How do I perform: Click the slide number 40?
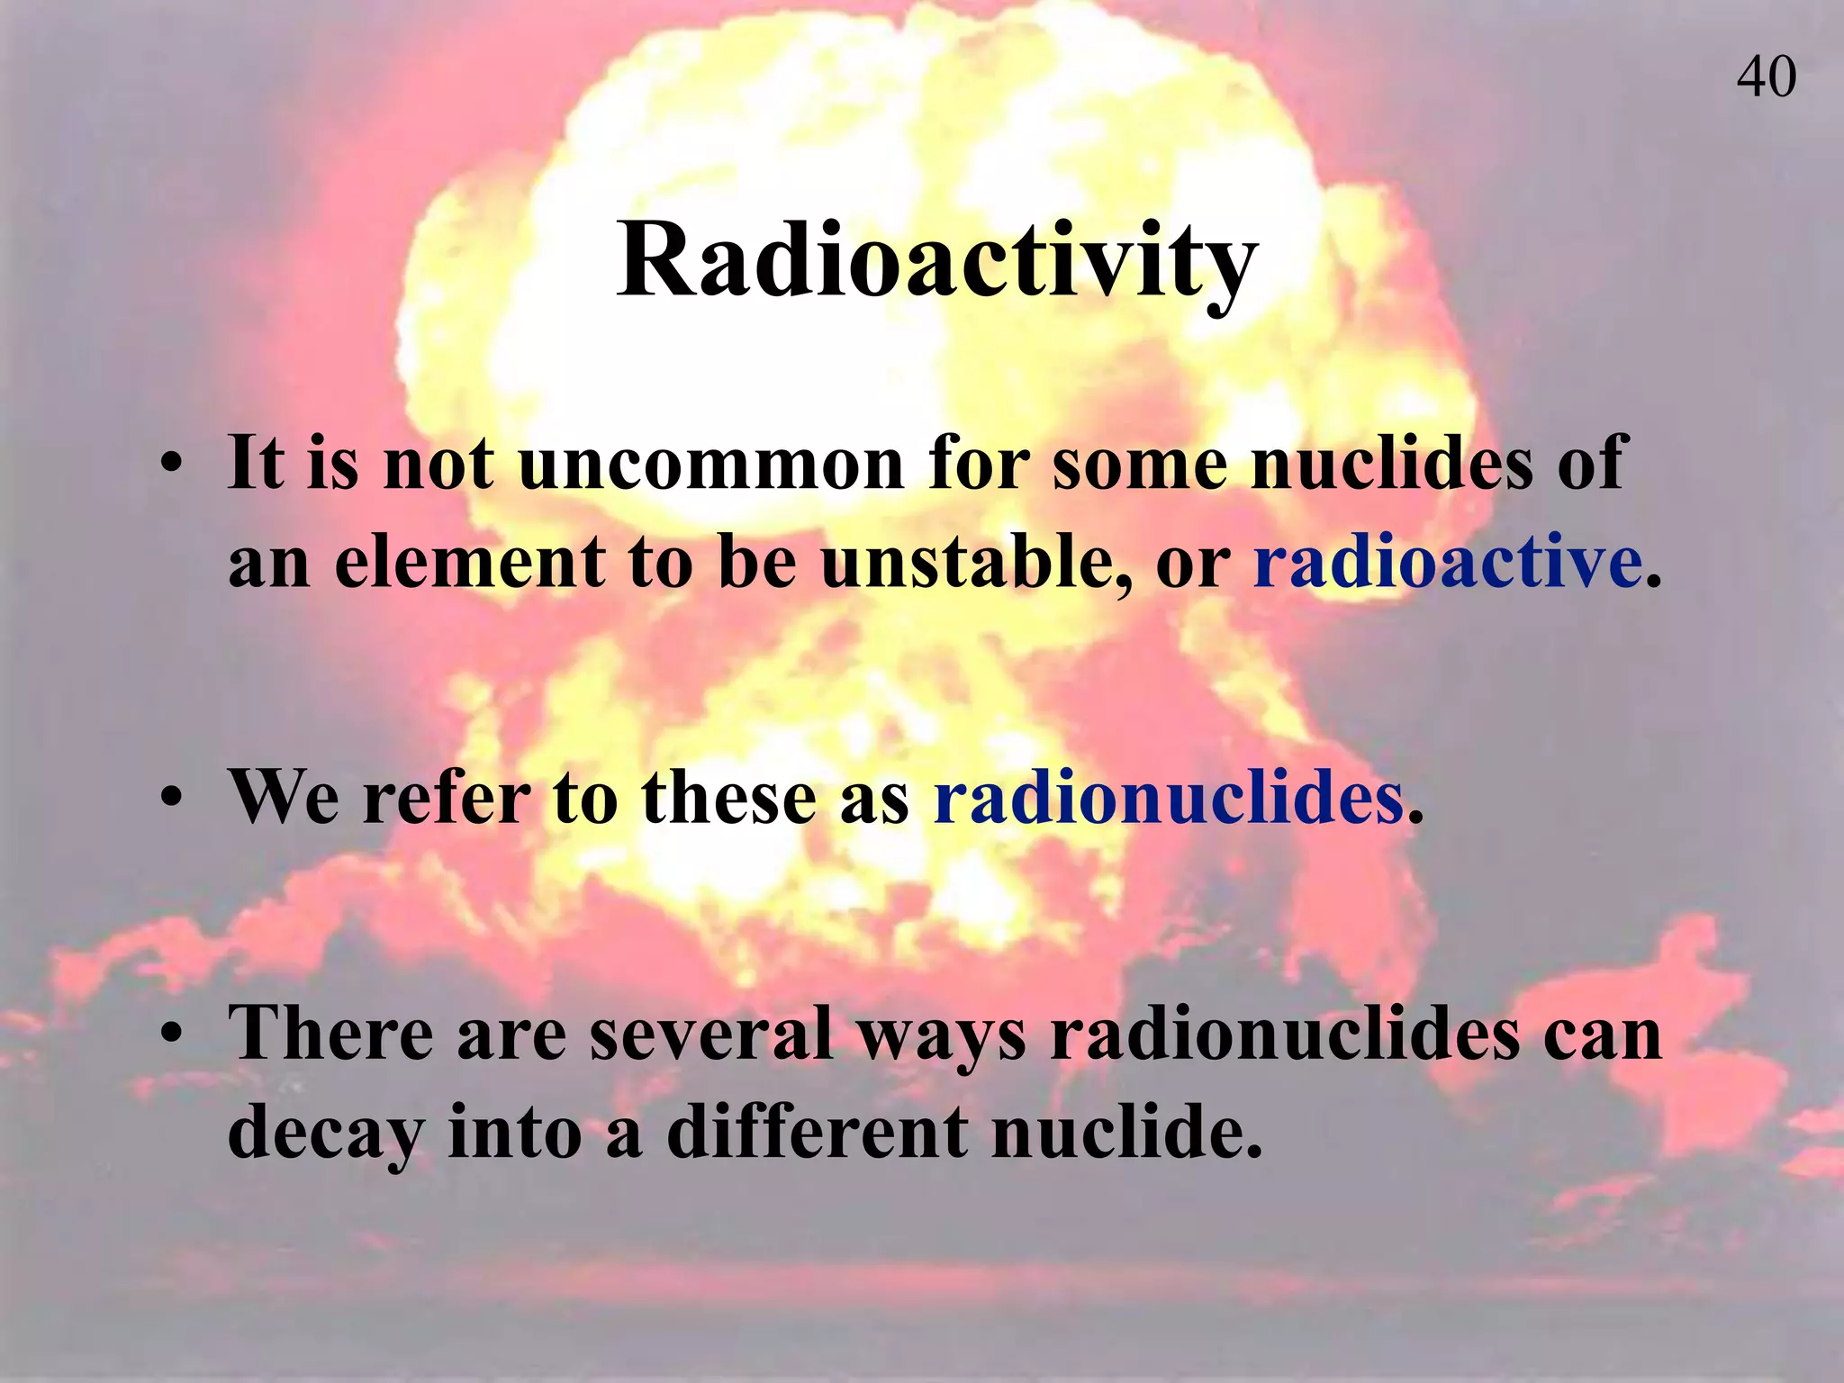click(1766, 77)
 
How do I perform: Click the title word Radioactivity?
click(936, 261)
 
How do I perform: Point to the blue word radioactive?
click(1448, 562)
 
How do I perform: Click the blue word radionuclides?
click(1169, 798)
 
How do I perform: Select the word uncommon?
click(710, 465)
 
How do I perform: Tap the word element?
click(470, 562)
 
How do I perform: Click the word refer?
click(447, 798)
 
